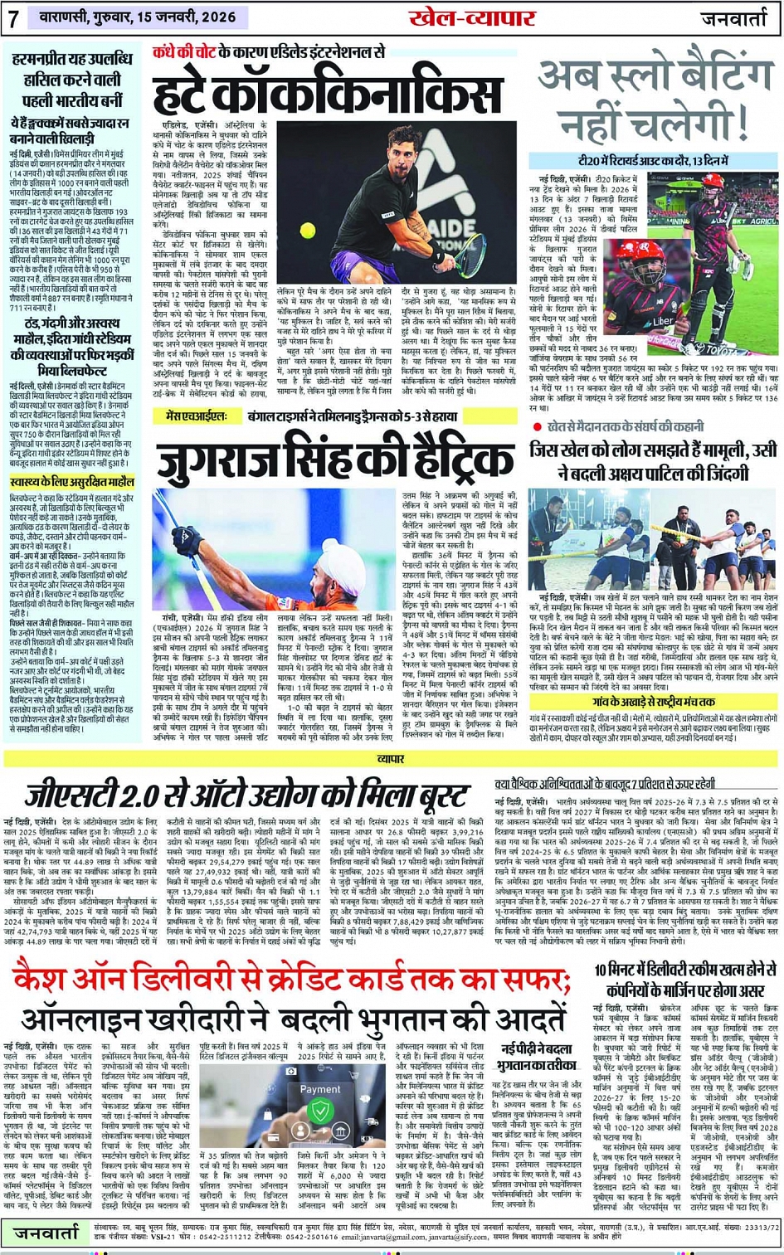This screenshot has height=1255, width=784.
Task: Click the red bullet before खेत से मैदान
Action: click(x=538, y=426)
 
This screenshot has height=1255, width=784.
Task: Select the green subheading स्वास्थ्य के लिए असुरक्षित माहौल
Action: click(x=72, y=482)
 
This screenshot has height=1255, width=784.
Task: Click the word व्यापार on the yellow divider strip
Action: click(x=392, y=758)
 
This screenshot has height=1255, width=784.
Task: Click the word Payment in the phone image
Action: click(x=319, y=1089)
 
